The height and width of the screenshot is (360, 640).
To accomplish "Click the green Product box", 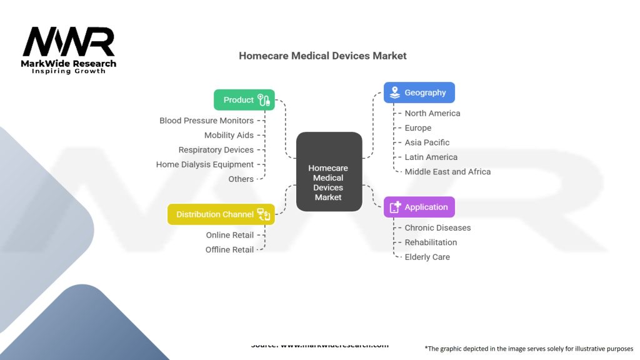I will tap(244, 100).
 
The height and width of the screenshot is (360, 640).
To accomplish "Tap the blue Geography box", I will tap(419, 92).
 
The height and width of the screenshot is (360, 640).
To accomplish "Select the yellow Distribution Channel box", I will tap(221, 214).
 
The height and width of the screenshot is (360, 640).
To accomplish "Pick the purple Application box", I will tap(419, 207).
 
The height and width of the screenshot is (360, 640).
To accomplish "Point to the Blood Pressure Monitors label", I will tap(206, 121).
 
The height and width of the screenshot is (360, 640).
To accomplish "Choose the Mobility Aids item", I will tap(229, 135).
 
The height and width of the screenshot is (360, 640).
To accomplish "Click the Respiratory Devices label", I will tap(216, 150).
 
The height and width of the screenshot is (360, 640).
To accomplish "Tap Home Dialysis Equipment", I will tap(205, 164).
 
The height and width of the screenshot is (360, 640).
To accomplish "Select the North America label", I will tap(432, 113).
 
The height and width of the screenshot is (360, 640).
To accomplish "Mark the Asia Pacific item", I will tap(427, 142).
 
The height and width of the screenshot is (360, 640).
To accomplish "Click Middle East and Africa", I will tap(447, 171).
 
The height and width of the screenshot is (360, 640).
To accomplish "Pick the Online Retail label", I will tap(230, 235).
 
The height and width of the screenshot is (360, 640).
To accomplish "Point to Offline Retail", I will tap(229, 249).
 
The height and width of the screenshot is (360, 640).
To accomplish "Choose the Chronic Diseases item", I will tap(437, 227).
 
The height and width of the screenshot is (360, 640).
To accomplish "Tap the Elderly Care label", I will tap(427, 257).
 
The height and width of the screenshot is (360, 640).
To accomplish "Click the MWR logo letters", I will tap(69, 42).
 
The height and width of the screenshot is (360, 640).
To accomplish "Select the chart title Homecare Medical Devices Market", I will tap(322, 56).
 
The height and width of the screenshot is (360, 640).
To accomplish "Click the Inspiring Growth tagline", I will tap(69, 71).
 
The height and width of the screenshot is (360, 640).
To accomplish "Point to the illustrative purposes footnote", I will tap(529, 349).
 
